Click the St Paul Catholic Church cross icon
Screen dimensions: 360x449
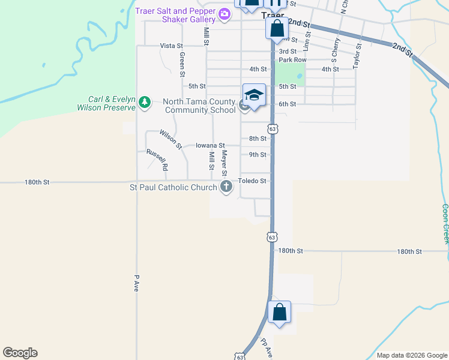[226, 187]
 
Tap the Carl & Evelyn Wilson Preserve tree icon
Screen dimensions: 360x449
[144, 103]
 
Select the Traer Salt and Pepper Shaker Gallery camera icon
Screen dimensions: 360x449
[224, 14]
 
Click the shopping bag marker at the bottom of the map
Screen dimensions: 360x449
[279, 313]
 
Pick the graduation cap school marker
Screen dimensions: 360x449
[254, 95]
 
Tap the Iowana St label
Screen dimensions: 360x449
[210, 145]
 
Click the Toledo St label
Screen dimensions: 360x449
[252, 180]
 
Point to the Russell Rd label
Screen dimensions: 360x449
[157, 159]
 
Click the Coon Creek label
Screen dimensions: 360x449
[445, 223]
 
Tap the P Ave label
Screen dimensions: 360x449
[137, 283]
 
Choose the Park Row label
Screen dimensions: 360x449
[292, 60]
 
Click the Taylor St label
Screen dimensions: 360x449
[357, 55]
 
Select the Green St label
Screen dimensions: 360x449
[182, 65]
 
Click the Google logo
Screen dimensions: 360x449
[20, 353]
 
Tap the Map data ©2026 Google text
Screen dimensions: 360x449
[411, 355]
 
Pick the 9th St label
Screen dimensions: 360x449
[258, 155]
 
